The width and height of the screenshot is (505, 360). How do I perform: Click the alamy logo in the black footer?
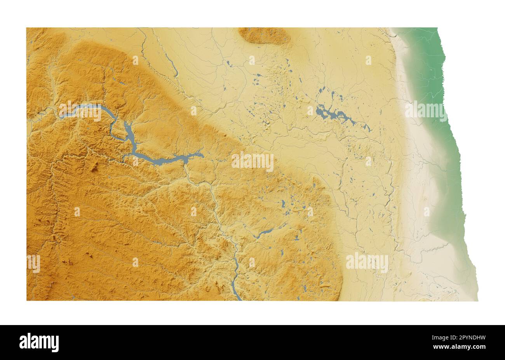39,343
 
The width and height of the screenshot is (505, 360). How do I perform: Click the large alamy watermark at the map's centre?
252,162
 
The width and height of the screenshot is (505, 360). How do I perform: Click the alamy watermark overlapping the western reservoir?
80,111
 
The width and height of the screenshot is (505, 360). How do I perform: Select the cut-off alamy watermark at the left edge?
33,263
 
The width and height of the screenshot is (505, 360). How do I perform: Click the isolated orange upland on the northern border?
264,35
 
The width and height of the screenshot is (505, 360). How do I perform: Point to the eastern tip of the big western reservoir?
202,154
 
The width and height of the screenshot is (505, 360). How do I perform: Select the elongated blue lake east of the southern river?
264,233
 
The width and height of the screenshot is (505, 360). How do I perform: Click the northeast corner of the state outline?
437,28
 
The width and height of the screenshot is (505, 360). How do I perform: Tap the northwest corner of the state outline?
27,28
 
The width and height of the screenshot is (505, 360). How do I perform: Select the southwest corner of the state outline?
27,299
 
